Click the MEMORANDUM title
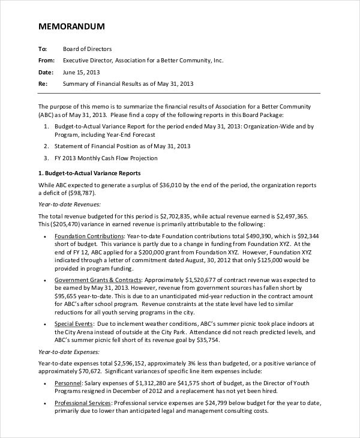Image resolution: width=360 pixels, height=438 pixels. pos(71,26)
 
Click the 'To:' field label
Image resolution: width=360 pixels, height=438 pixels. pos(43,49)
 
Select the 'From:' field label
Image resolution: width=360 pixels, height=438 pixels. pos(46,61)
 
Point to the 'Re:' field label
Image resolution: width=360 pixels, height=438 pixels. pos(43,84)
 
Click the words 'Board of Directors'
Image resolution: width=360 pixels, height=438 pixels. pos(87,49)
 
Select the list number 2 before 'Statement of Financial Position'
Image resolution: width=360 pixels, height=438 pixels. pos(47,146)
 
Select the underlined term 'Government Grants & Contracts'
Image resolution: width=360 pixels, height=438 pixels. pos(98,280)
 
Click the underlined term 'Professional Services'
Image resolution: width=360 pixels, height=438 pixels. pos(83,403)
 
